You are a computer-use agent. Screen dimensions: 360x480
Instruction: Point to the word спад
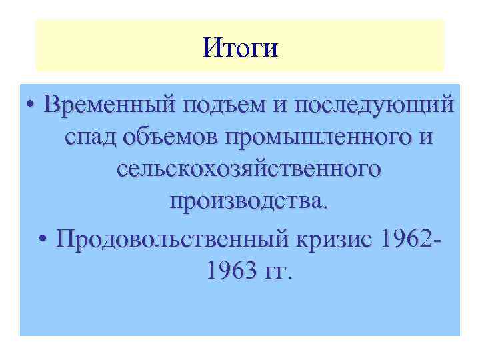coord(89,139)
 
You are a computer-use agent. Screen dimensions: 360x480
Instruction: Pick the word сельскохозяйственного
coord(249,170)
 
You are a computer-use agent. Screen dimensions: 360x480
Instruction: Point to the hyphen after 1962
coord(438,239)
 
